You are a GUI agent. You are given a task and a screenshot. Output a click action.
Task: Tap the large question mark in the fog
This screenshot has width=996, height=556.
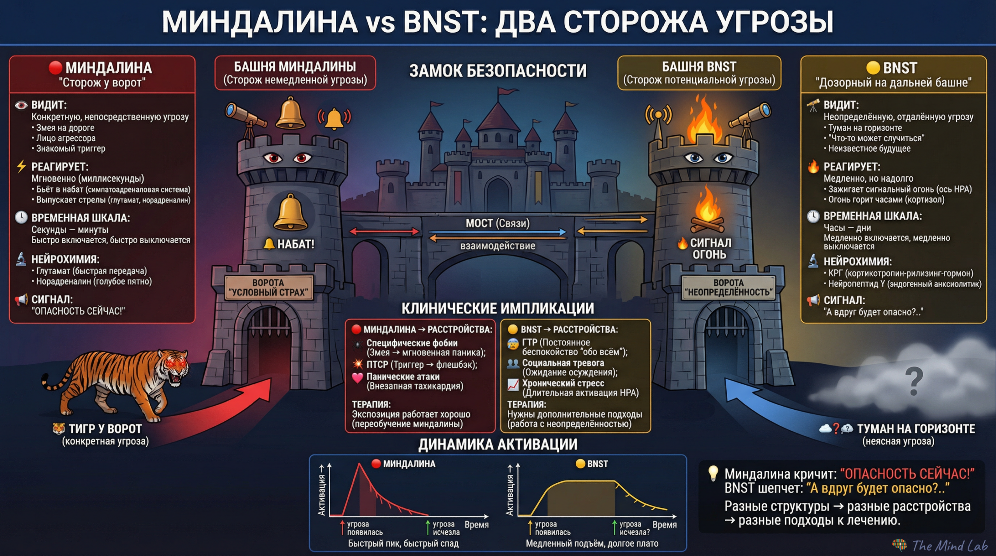pyautogui.click(x=914, y=381)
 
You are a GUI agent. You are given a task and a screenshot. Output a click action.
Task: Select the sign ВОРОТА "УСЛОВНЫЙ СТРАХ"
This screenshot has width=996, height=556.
pyautogui.click(x=268, y=288)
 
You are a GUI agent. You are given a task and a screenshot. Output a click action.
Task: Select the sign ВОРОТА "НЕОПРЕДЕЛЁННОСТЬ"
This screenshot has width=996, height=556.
pyautogui.click(x=728, y=288)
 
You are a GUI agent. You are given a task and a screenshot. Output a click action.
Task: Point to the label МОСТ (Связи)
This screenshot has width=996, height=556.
pyautogui.click(x=498, y=223)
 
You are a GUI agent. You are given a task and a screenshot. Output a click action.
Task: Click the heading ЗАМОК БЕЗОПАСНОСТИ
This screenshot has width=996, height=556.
pyautogui.click(x=498, y=71)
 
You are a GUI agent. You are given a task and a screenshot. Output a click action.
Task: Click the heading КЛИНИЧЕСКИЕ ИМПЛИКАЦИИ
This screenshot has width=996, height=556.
pyautogui.click(x=498, y=309)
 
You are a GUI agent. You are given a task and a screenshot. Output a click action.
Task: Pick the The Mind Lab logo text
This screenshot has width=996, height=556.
pyautogui.click(x=949, y=545)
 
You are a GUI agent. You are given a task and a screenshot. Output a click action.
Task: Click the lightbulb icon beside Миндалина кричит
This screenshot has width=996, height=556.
pyautogui.click(x=713, y=473)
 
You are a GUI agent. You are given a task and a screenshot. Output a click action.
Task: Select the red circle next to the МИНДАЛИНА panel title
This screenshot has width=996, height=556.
pyautogui.click(x=55, y=68)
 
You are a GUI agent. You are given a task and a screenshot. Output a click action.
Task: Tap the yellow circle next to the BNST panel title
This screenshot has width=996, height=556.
pyautogui.click(x=873, y=68)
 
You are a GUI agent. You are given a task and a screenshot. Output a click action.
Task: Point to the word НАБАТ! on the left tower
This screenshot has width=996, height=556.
pyautogui.click(x=295, y=244)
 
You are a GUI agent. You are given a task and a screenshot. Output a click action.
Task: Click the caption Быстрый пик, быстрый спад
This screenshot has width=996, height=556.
pyautogui.click(x=403, y=544)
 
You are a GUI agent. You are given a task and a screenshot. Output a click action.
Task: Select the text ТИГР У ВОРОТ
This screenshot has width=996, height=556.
pyautogui.click(x=105, y=429)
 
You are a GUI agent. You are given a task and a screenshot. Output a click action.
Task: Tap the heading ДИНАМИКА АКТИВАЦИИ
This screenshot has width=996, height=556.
pyautogui.click(x=498, y=444)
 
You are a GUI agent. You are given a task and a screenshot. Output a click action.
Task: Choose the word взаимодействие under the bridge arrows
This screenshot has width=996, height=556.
pyautogui.click(x=498, y=246)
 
